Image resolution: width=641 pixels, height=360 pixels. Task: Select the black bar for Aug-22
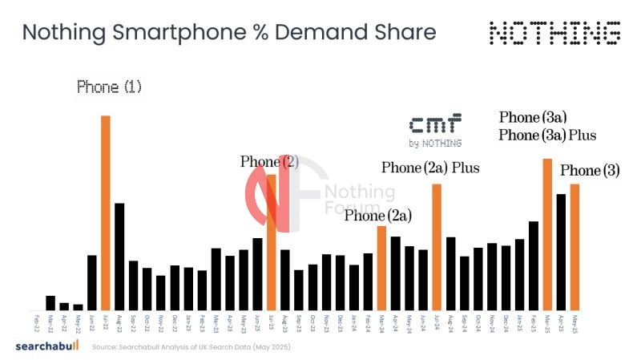pos(119,257)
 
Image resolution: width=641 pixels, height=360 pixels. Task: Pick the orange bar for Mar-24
pos(381,268)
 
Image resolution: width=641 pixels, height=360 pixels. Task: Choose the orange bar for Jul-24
pos(437,247)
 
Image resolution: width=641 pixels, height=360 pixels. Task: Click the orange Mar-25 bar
pos(547,234)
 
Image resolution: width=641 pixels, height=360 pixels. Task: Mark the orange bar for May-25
pos(574,247)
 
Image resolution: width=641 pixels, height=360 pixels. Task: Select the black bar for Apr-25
pos(561,252)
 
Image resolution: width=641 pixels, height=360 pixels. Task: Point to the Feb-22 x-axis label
pos(37,322)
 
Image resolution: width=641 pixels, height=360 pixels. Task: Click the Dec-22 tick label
pos(175,322)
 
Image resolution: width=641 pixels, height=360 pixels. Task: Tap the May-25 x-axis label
pos(574,322)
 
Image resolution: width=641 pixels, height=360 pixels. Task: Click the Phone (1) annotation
pos(109,87)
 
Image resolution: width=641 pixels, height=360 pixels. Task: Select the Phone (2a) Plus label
pos(429,168)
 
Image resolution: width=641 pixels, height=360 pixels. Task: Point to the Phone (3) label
pos(590,171)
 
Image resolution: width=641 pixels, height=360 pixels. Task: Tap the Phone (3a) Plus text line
pos(547,135)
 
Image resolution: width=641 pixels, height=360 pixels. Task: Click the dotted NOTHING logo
pos(554,33)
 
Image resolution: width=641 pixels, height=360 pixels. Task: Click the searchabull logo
pos(48,346)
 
